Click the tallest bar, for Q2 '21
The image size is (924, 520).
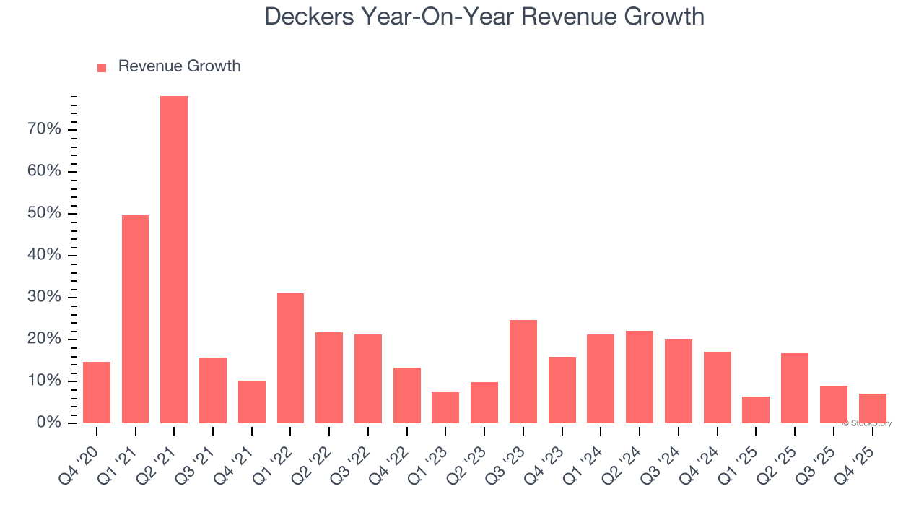174,260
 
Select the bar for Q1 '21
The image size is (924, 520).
135,319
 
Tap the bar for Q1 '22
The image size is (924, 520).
290,358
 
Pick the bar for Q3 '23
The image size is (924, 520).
523,371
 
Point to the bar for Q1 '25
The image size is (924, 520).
756,409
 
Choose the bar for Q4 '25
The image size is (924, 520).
872,408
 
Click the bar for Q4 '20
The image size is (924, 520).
97,392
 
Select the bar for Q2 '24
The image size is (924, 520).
640,377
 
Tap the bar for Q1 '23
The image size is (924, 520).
445,407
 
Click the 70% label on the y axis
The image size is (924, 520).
45,129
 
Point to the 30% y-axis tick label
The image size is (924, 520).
45,297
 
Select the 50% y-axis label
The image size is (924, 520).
45,213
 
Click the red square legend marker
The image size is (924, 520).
102,67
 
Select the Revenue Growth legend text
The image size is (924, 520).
179,66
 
